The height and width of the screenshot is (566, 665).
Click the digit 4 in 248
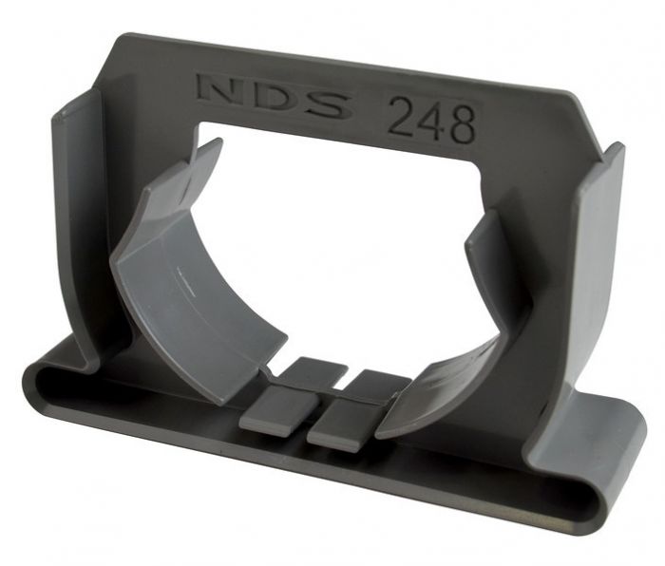point(430,122)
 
